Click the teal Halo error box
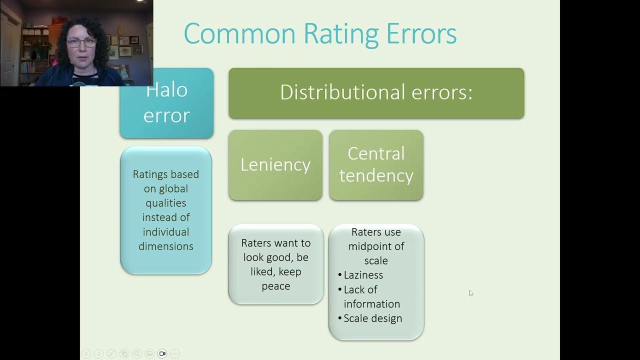[166, 103]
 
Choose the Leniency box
[275, 165]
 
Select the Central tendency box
[376, 165]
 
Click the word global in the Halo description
[173, 188]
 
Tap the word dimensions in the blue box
[166, 246]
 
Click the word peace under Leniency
[276, 286]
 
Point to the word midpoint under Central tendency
[376, 246]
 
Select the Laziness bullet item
[363, 275]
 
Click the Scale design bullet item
[372, 318]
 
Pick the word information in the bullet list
[371, 303]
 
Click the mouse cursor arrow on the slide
[471, 293]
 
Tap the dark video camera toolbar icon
[162, 353]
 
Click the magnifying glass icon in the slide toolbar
[136, 353]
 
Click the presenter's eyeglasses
[81, 42]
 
